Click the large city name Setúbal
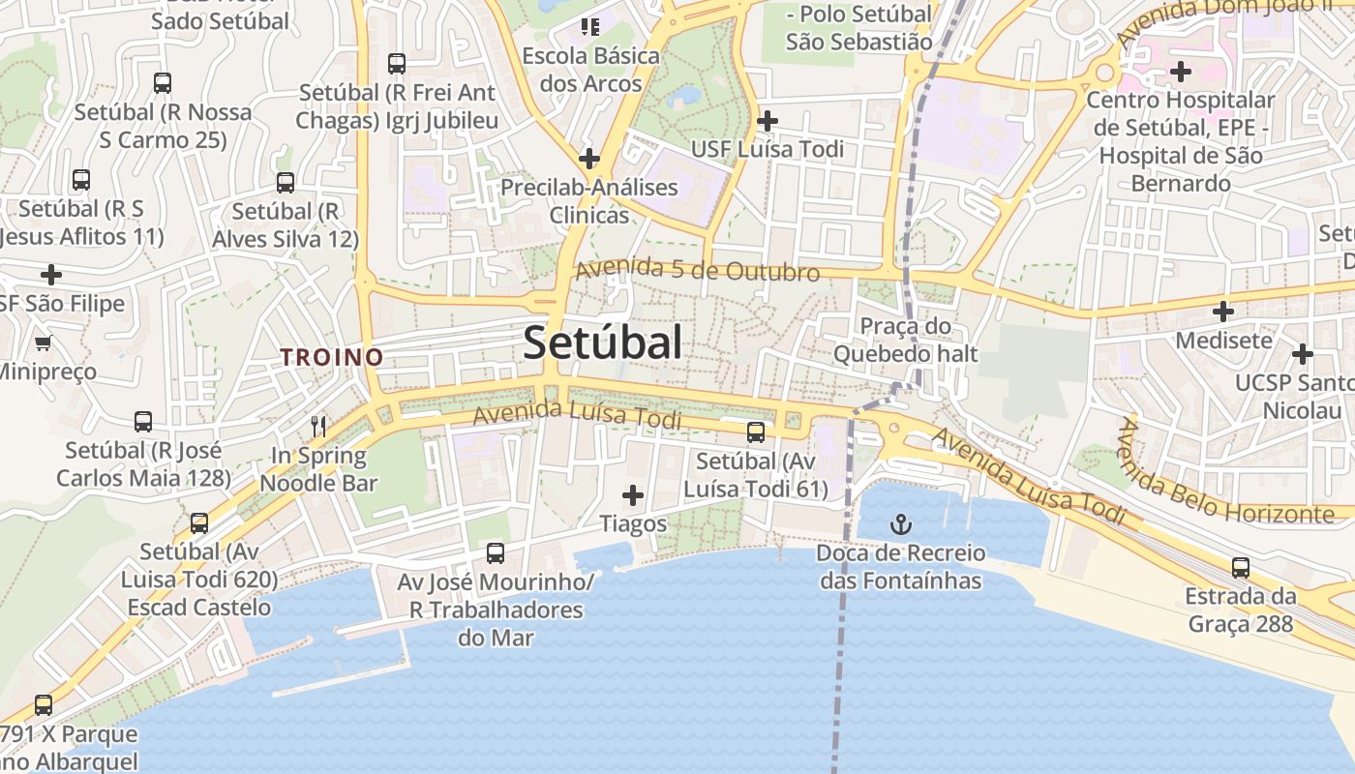click(602, 342)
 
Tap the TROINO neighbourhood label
click(332, 357)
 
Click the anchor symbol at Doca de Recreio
click(901, 525)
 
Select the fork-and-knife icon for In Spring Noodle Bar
click(317, 426)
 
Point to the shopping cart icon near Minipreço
click(44, 342)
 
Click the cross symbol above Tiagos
click(633, 496)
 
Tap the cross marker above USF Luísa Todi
click(768, 121)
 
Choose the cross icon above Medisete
click(1223, 312)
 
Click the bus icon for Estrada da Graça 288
click(1241, 568)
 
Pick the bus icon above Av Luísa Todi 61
click(756, 432)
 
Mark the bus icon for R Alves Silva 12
click(286, 183)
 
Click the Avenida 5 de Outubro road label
click(698, 271)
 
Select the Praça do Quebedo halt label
click(906, 341)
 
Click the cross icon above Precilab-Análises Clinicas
click(588, 159)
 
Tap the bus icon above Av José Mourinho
click(496, 553)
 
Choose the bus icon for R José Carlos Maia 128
click(143, 422)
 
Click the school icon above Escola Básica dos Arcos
click(589, 27)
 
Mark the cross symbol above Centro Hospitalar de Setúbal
click(1180, 71)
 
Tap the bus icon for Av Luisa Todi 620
click(199, 523)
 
